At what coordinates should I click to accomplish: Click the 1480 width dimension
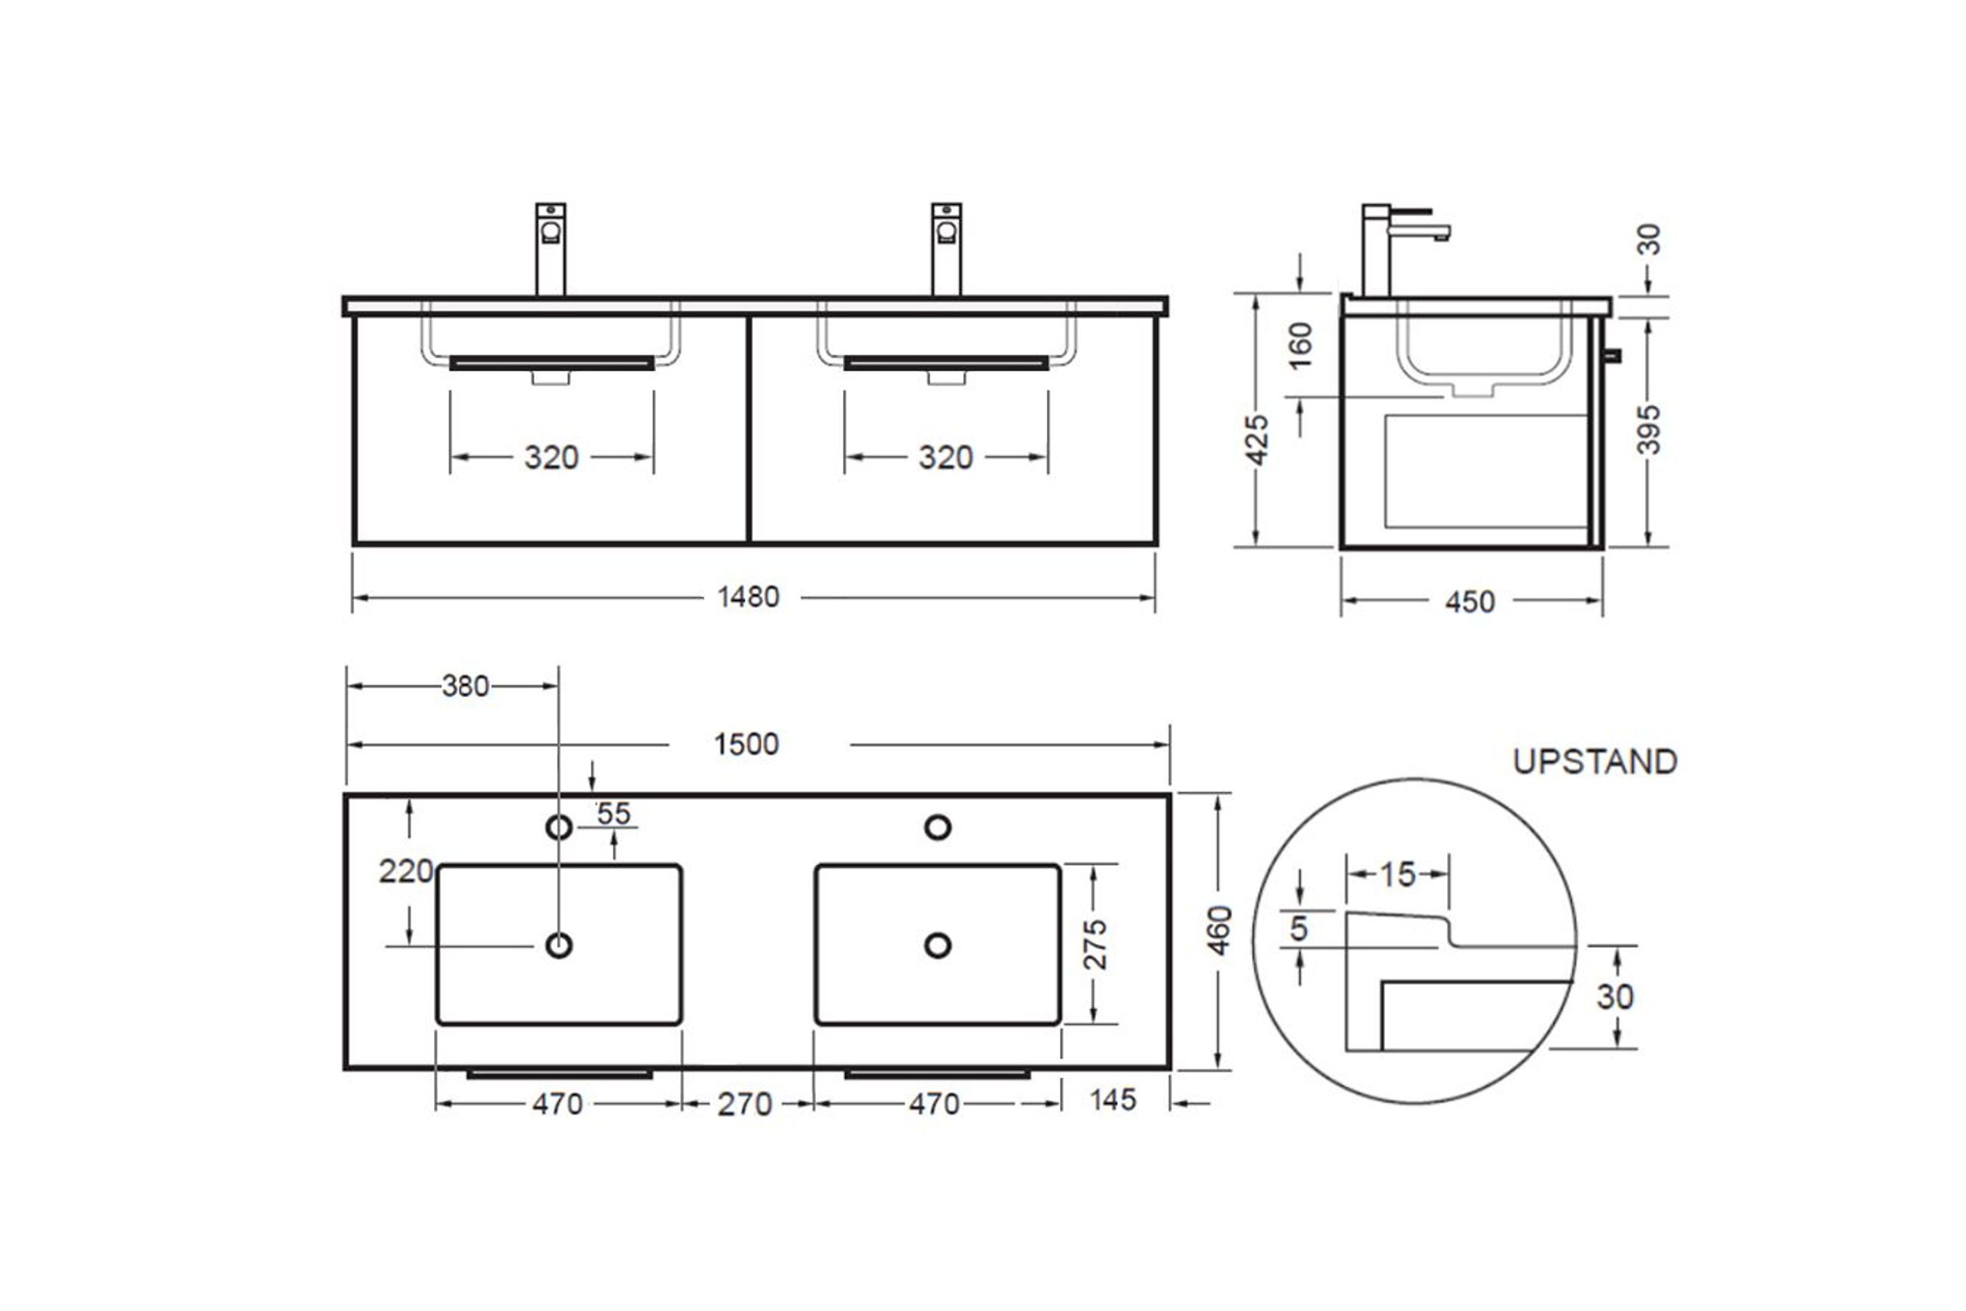(x=748, y=597)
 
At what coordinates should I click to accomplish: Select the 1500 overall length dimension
(x=746, y=744)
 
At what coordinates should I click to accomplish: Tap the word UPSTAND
(x=1595, y=762)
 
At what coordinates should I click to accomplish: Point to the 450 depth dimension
(x=1470, y=602)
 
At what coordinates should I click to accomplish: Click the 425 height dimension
(x=1257, y=440)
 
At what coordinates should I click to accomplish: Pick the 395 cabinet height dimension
(x=1648, y=429)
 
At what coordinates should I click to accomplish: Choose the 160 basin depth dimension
(x=1301, y=346)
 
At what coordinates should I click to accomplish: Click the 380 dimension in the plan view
(x=466, y=686)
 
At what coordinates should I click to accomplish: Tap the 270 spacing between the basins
(x=744, y=1105)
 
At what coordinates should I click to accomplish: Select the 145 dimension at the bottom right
(x=1113, y=1099)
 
